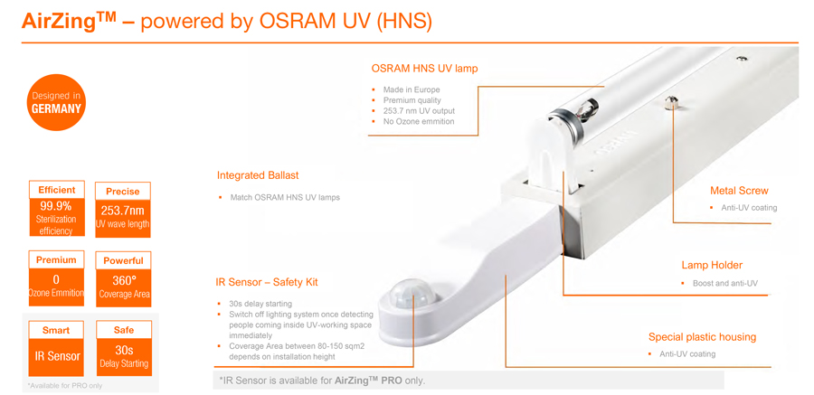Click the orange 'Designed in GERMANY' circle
(x=56, y=103)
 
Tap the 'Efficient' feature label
(x=57, y=190)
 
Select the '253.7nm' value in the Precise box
(x=123, y=211)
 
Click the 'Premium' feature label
(x=56, y=260)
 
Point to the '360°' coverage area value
(x=124, y=281)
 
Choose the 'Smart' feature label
(x=56, y=330)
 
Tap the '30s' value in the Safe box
(x=124, y=351)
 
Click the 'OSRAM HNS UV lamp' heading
(x=424, y=69)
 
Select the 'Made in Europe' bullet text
(x=412, y=89)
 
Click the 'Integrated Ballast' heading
(x=258, y=175)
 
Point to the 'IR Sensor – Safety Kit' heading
(x=267, y=282)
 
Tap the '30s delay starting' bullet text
(x=260, y=304)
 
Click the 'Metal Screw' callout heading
(x=739, y=191)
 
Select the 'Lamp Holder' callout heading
(x=712, y=265)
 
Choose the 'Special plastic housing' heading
(x=702, y=337)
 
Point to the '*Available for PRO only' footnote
(x=65, y=386)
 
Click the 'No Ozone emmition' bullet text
(x=419, y=121)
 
